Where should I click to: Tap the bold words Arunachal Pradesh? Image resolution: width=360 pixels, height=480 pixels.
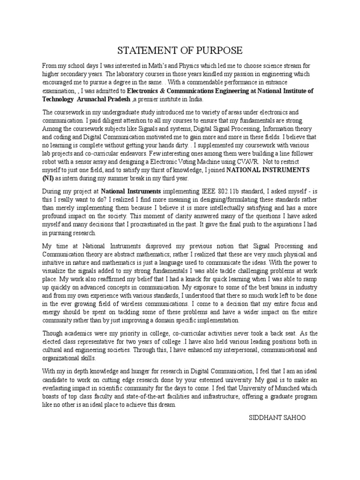(103, 100)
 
